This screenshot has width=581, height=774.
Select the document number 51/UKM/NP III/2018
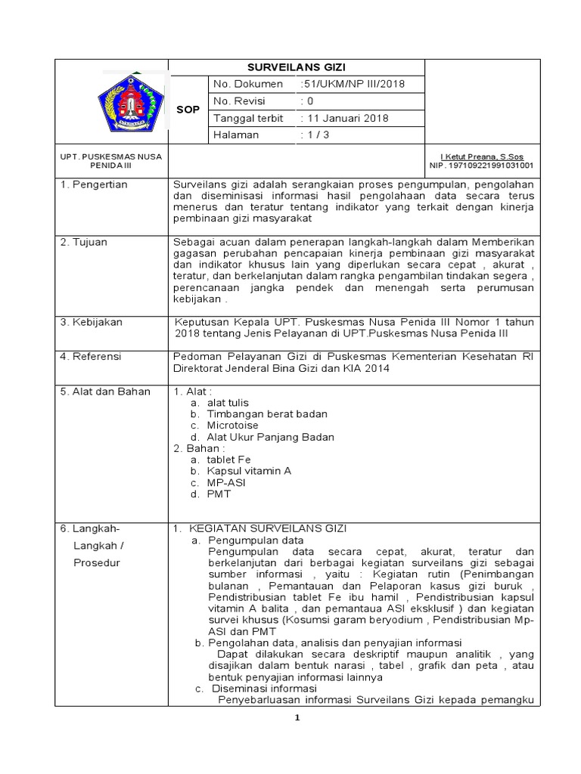342,84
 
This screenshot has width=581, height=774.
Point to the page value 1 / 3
315,135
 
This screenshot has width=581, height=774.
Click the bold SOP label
188,110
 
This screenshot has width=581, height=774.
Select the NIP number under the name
481,165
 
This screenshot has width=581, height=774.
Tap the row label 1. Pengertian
94,184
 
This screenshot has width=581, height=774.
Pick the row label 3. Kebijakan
92,322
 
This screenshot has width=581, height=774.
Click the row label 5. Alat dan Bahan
107,392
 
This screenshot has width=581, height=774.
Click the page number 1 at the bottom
297,717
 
